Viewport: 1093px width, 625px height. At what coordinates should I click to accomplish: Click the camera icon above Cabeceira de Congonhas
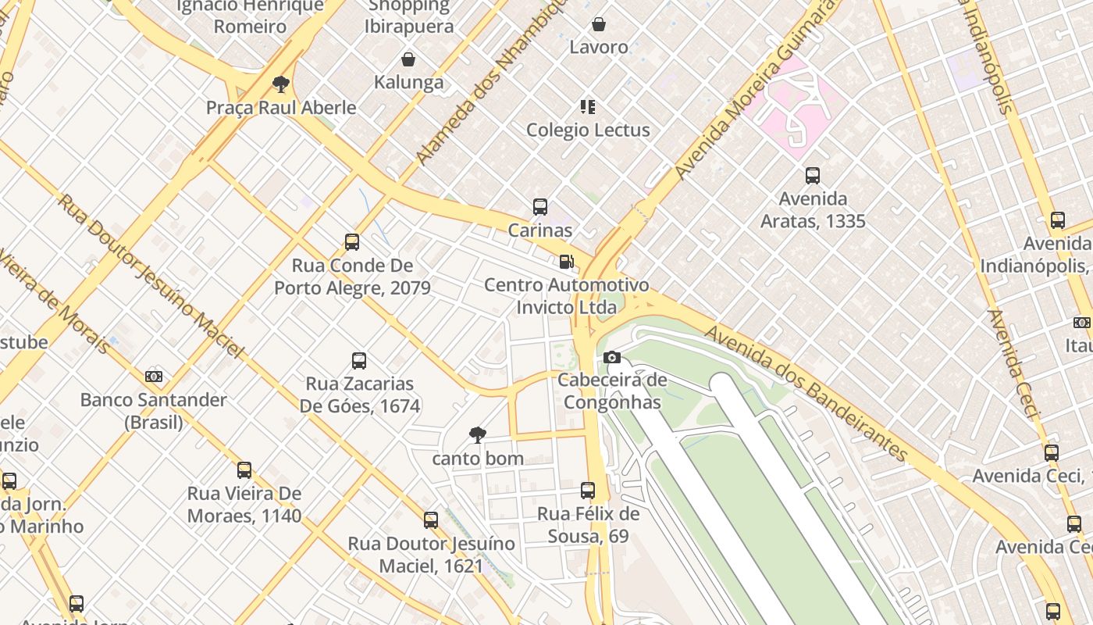tap(613, 358)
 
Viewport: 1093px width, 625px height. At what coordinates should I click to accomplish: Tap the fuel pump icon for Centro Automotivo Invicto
tap(567, 262)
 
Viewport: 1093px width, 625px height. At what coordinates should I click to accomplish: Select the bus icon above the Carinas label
tap(539, 207)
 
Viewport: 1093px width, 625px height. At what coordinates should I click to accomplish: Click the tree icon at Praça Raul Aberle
tap(281, 84)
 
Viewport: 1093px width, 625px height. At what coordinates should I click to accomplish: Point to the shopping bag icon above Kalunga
tap(408, 59)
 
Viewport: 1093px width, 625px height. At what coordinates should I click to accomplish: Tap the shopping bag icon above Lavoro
tap(599, 24)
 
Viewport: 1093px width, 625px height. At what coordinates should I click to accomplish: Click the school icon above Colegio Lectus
tap(588, 106)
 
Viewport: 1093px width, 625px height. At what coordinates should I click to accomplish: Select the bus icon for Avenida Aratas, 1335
tap(813, 176)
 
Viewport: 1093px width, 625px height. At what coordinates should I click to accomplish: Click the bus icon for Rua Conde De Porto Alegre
tap(352, 242)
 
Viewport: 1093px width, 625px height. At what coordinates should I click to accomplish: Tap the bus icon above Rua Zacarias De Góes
tap(359, 361)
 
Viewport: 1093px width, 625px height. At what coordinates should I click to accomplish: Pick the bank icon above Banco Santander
tap(154, 377)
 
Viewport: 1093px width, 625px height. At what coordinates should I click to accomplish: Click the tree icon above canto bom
tap(477, 435)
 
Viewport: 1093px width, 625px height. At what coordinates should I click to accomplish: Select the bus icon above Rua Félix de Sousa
tap(588, 491)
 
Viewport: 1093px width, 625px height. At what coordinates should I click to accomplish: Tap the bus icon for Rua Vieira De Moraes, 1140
tap(244, 470)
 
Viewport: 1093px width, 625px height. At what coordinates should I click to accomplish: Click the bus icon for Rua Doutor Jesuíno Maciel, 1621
tap(430, 520)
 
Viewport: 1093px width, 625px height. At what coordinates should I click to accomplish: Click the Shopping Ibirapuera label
tap(409, 16)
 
